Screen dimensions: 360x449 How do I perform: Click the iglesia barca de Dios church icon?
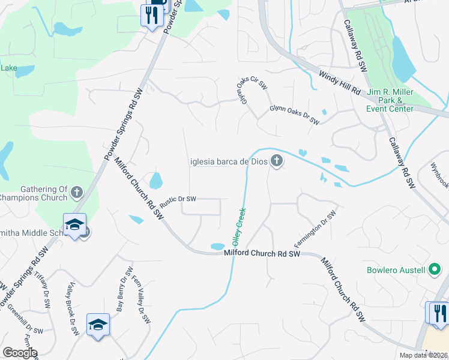277,161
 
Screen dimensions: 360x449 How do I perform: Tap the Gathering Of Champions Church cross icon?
76,192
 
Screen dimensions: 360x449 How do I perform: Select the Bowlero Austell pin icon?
434,270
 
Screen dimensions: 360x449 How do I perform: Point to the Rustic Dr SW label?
178,199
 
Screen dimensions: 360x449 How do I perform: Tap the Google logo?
20,353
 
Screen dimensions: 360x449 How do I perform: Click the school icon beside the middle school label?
74,226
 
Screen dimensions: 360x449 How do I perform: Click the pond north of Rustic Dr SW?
155,179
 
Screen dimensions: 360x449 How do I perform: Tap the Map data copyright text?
424,355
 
